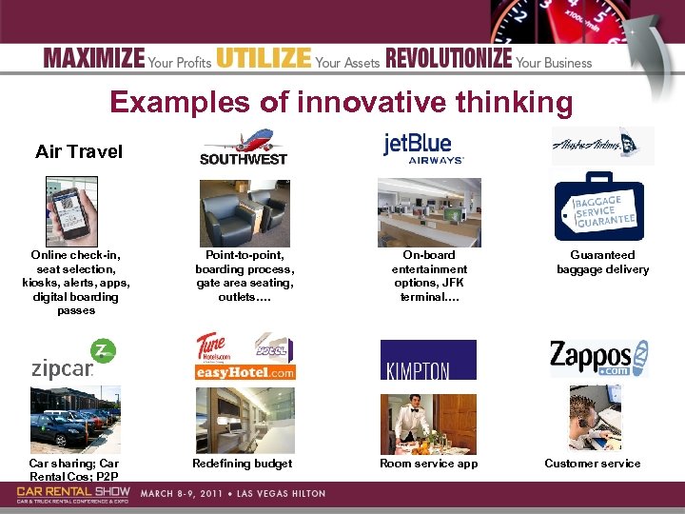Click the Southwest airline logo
(244, 148)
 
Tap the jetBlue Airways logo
(423, 148)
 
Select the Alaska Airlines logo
(602, 146)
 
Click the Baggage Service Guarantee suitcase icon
(599, 208)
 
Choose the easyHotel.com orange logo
(245, 372)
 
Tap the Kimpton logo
(428, 360)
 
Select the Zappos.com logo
(598, 359)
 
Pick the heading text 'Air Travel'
(79, 151)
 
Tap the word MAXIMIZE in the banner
(94, 60)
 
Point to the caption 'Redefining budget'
(243, 464)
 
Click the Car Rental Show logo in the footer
(73, 493)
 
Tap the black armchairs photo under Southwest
(244, 213)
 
